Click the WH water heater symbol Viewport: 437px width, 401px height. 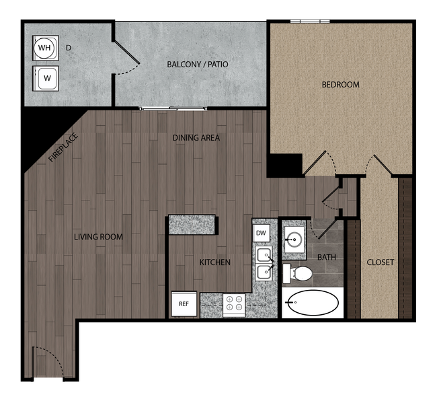pos(44,48)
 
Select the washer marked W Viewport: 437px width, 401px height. pos(47,77)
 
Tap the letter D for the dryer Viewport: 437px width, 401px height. pos(69,48)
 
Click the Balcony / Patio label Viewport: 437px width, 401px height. pos(198,65)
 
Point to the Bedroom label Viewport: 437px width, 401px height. pos(340,85)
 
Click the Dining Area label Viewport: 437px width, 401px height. pos(196,138)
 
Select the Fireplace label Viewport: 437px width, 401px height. pos(64,148)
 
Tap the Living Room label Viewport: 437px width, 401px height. pos(98,237)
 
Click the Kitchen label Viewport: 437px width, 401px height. pos(214,262)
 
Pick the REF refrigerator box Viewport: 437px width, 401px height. pos(184,303)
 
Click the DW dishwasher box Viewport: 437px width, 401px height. pos(262,233)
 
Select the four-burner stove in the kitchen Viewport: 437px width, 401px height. pos(235,305)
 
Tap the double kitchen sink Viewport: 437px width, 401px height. pos(264,263)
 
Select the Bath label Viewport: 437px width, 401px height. pos(326,257)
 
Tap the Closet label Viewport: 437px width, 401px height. pos(381,262)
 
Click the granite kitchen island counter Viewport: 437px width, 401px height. pos(193,224)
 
